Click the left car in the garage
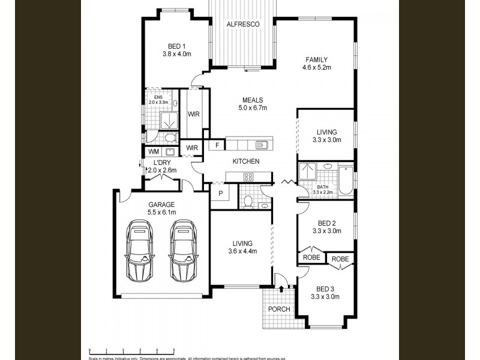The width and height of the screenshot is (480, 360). (x=139, y=251)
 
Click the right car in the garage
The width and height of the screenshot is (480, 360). (x=183, y=251)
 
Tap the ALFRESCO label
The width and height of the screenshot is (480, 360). (x=242, y=24)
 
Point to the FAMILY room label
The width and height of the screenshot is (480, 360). (x=316, y=59)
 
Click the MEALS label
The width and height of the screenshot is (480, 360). (x=253, y=100)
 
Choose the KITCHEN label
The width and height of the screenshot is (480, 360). (x=246, y=161)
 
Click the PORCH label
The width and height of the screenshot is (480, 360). (x=279, y=310)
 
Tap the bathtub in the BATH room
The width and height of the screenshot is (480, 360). (x=346, y=181)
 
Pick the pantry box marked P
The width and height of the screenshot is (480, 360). (x=220, y=194)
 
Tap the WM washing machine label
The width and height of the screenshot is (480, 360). (x=153, y=151)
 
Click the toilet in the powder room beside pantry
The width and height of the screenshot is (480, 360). (x=247, y=200)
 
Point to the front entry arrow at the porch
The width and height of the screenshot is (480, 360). (x=281, y=290)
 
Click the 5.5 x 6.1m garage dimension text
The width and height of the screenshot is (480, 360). (x=162, y=212)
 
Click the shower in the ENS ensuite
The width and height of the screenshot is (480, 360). (x=170, y=120)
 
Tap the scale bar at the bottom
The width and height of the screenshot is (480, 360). (x=132, y=350)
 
